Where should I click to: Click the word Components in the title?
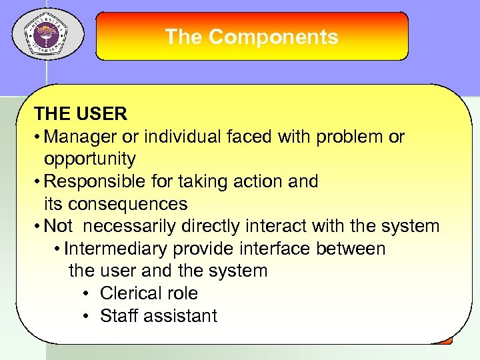(273, 37)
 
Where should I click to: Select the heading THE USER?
(81, 114)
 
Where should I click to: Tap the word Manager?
(79, 137)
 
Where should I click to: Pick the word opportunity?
(90, 159)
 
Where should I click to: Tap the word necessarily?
(136, 226)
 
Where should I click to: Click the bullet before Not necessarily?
(37, 227)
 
